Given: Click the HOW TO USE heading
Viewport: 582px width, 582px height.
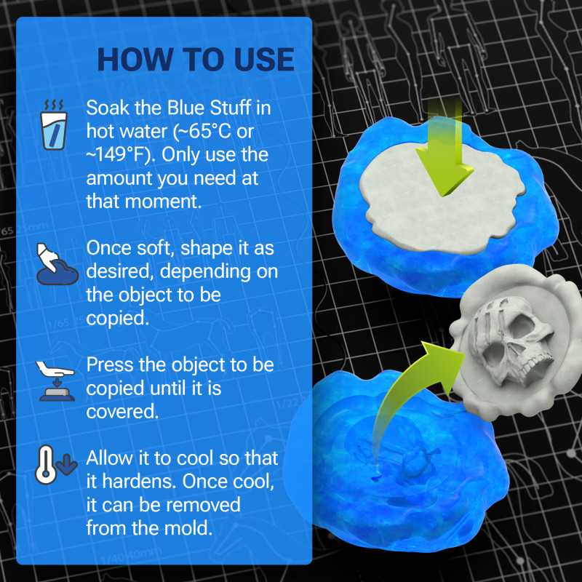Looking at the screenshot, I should click(x=196, y=60).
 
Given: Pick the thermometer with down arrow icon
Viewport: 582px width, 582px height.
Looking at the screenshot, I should click(x=55, y=466).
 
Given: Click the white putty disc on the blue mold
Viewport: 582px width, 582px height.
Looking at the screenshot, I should click(x=422, y=200).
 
